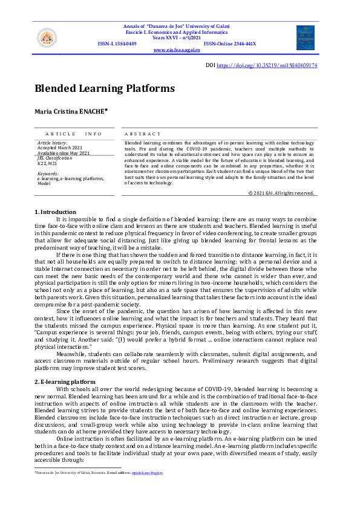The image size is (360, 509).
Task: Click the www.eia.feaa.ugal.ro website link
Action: [177, 50]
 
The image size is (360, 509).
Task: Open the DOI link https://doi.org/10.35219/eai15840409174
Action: [267, 65]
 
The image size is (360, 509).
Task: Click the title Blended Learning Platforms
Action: [105, 88]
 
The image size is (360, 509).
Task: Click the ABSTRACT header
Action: [143, 134]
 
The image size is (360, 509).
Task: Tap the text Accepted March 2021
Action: [59, 148]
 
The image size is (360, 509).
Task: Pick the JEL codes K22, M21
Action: [48, 163]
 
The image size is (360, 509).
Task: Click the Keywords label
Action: [48, 173]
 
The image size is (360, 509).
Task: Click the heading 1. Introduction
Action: [55, 212]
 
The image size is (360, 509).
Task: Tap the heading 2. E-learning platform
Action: [65, 382]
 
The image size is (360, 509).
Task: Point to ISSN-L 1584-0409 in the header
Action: [117, 44]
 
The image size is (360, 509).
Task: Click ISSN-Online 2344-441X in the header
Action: [230, 44]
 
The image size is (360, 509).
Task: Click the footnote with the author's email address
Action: [98, 473]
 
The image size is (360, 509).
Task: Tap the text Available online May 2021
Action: [63, 152]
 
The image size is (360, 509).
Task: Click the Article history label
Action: [53, 143]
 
